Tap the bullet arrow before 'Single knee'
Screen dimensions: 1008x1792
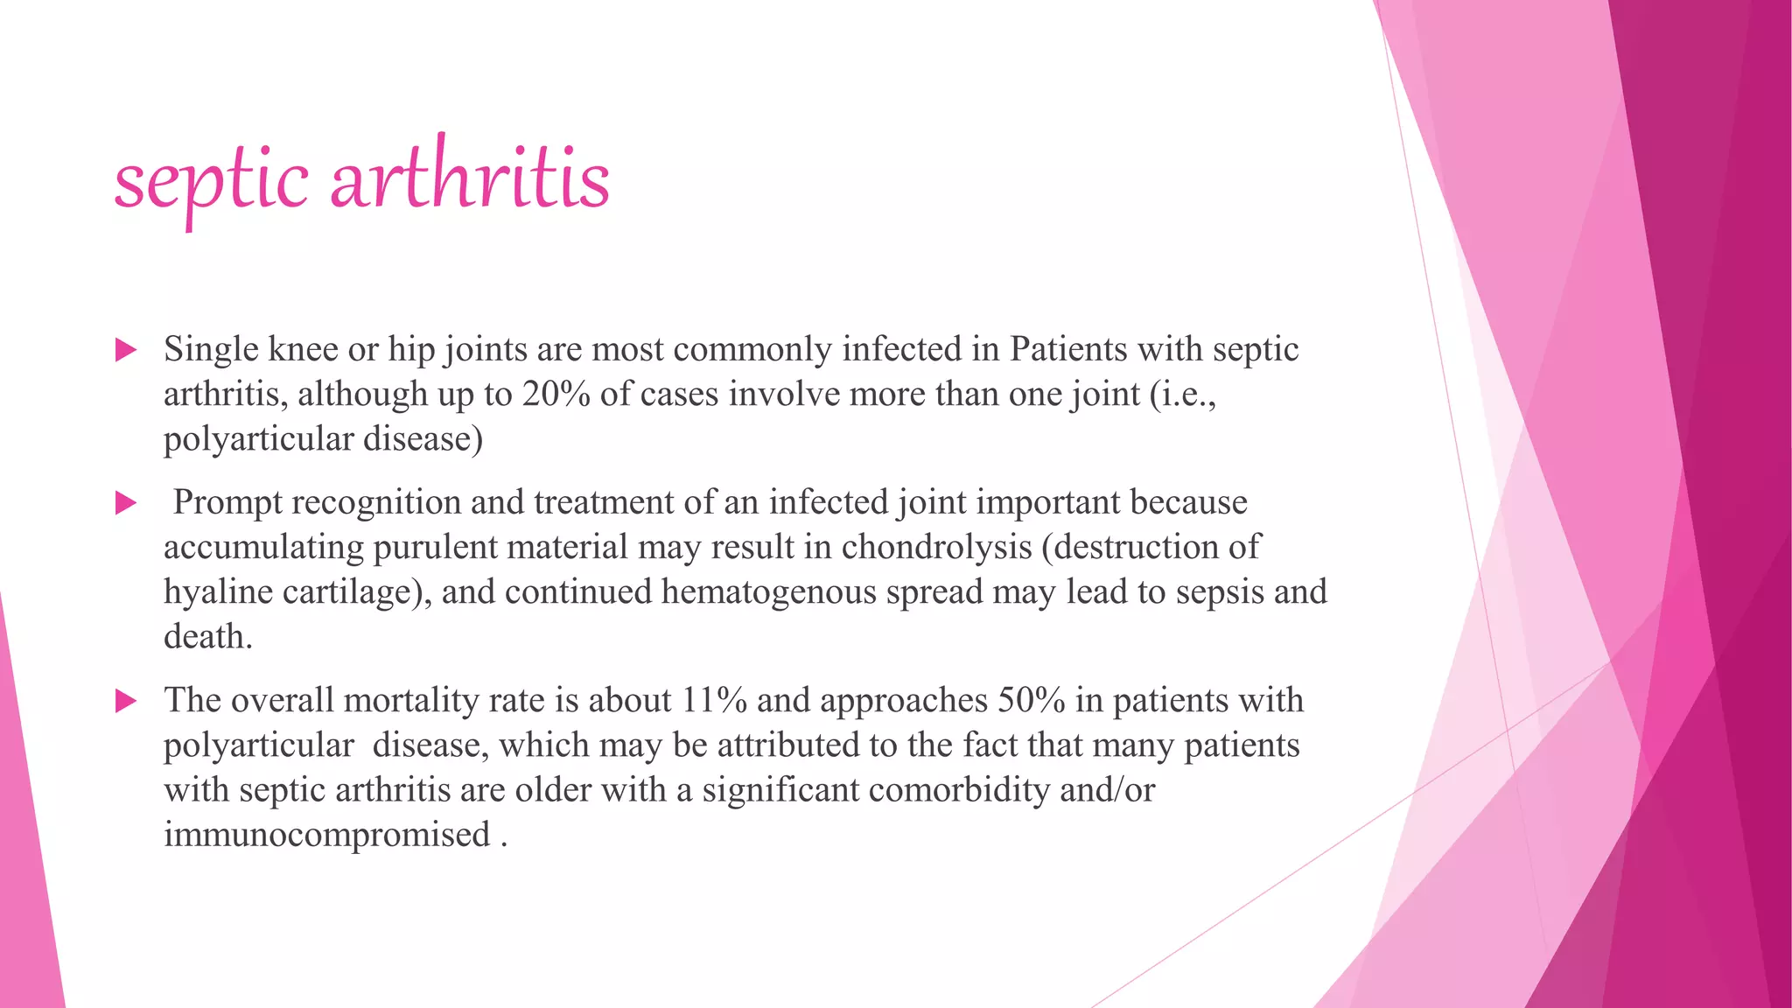click(126, 351)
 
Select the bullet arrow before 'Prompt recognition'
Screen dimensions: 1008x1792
click(126, 503)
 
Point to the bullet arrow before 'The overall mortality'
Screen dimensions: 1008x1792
click(126, 701)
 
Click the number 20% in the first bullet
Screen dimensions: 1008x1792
click(556, 395)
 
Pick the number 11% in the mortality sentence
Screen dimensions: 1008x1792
click(715, 701)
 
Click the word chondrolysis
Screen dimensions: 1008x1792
click(936, 548)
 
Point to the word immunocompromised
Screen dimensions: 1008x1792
click(326, 835)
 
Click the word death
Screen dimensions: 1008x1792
click(207, 637)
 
